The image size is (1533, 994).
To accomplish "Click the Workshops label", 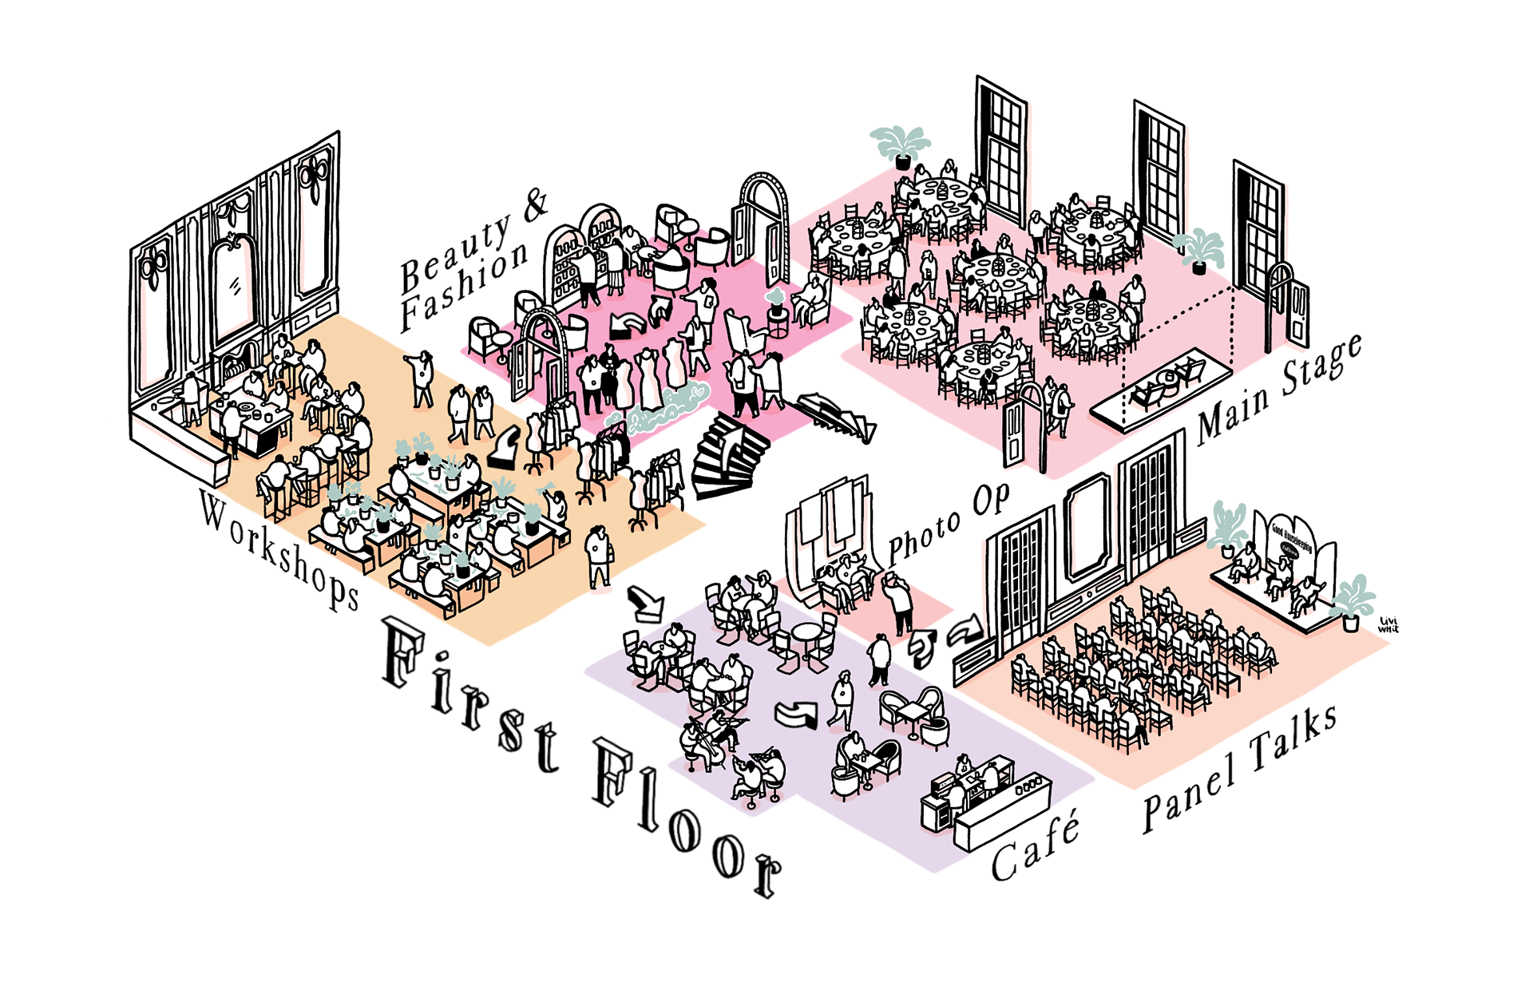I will (279, 550).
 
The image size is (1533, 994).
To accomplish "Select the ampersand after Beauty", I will (536, 204).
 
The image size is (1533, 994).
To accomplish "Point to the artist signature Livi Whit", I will (1388, 624).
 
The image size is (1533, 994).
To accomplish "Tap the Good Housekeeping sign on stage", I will (1292, 540).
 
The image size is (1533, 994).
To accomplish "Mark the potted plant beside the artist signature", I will (1351, 603).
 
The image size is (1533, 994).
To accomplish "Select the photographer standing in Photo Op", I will (900, 603).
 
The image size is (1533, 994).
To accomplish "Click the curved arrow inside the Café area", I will (798, 713).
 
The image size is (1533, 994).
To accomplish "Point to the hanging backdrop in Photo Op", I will (826, 519).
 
